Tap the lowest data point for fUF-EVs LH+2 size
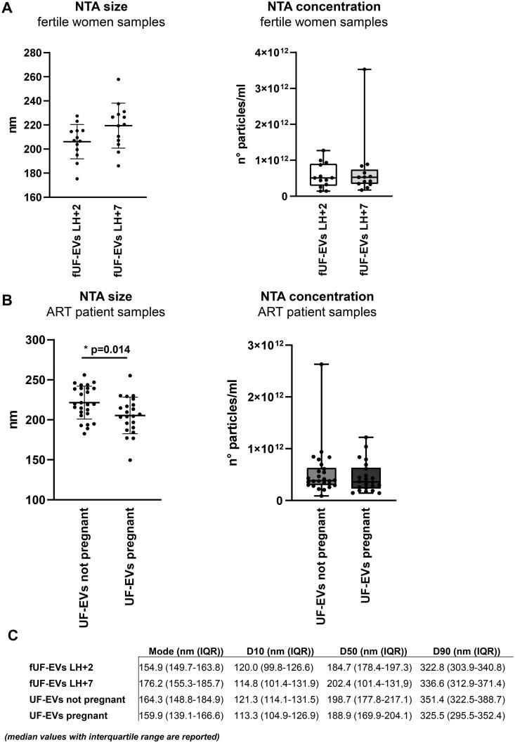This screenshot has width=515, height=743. click(96, 179)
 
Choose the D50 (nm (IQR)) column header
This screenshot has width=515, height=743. click(360, 650)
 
